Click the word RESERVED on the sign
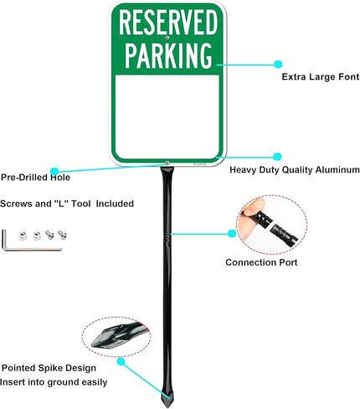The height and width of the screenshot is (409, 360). tap(168, 22)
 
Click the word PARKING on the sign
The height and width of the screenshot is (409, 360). tap(168, 55)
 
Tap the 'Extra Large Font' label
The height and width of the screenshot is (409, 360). tap(321, 77)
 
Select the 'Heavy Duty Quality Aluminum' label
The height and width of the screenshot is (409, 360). tap(295, 170)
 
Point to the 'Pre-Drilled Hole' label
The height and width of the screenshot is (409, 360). tap(35, 177)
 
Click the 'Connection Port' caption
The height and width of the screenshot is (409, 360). tap(261, 262)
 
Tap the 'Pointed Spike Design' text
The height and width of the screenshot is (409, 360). tap(49, 368)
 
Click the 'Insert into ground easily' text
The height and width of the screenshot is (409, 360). tap(54, 382)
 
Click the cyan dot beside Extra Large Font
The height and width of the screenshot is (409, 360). tap(278, 65)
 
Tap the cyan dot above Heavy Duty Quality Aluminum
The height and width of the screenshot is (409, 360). tap(277, 157)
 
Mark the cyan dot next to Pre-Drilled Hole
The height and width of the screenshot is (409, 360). tap(54, 171)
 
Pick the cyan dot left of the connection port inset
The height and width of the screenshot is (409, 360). tap(232, 234)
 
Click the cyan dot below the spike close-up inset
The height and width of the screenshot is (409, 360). tap(121, 362)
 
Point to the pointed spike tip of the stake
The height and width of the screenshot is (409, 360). tap(168, 406)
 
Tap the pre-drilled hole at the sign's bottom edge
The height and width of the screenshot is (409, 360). tap(167, 163)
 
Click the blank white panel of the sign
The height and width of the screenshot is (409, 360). tap(167, 116)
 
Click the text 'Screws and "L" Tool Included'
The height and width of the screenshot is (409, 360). tap(67, 204)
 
